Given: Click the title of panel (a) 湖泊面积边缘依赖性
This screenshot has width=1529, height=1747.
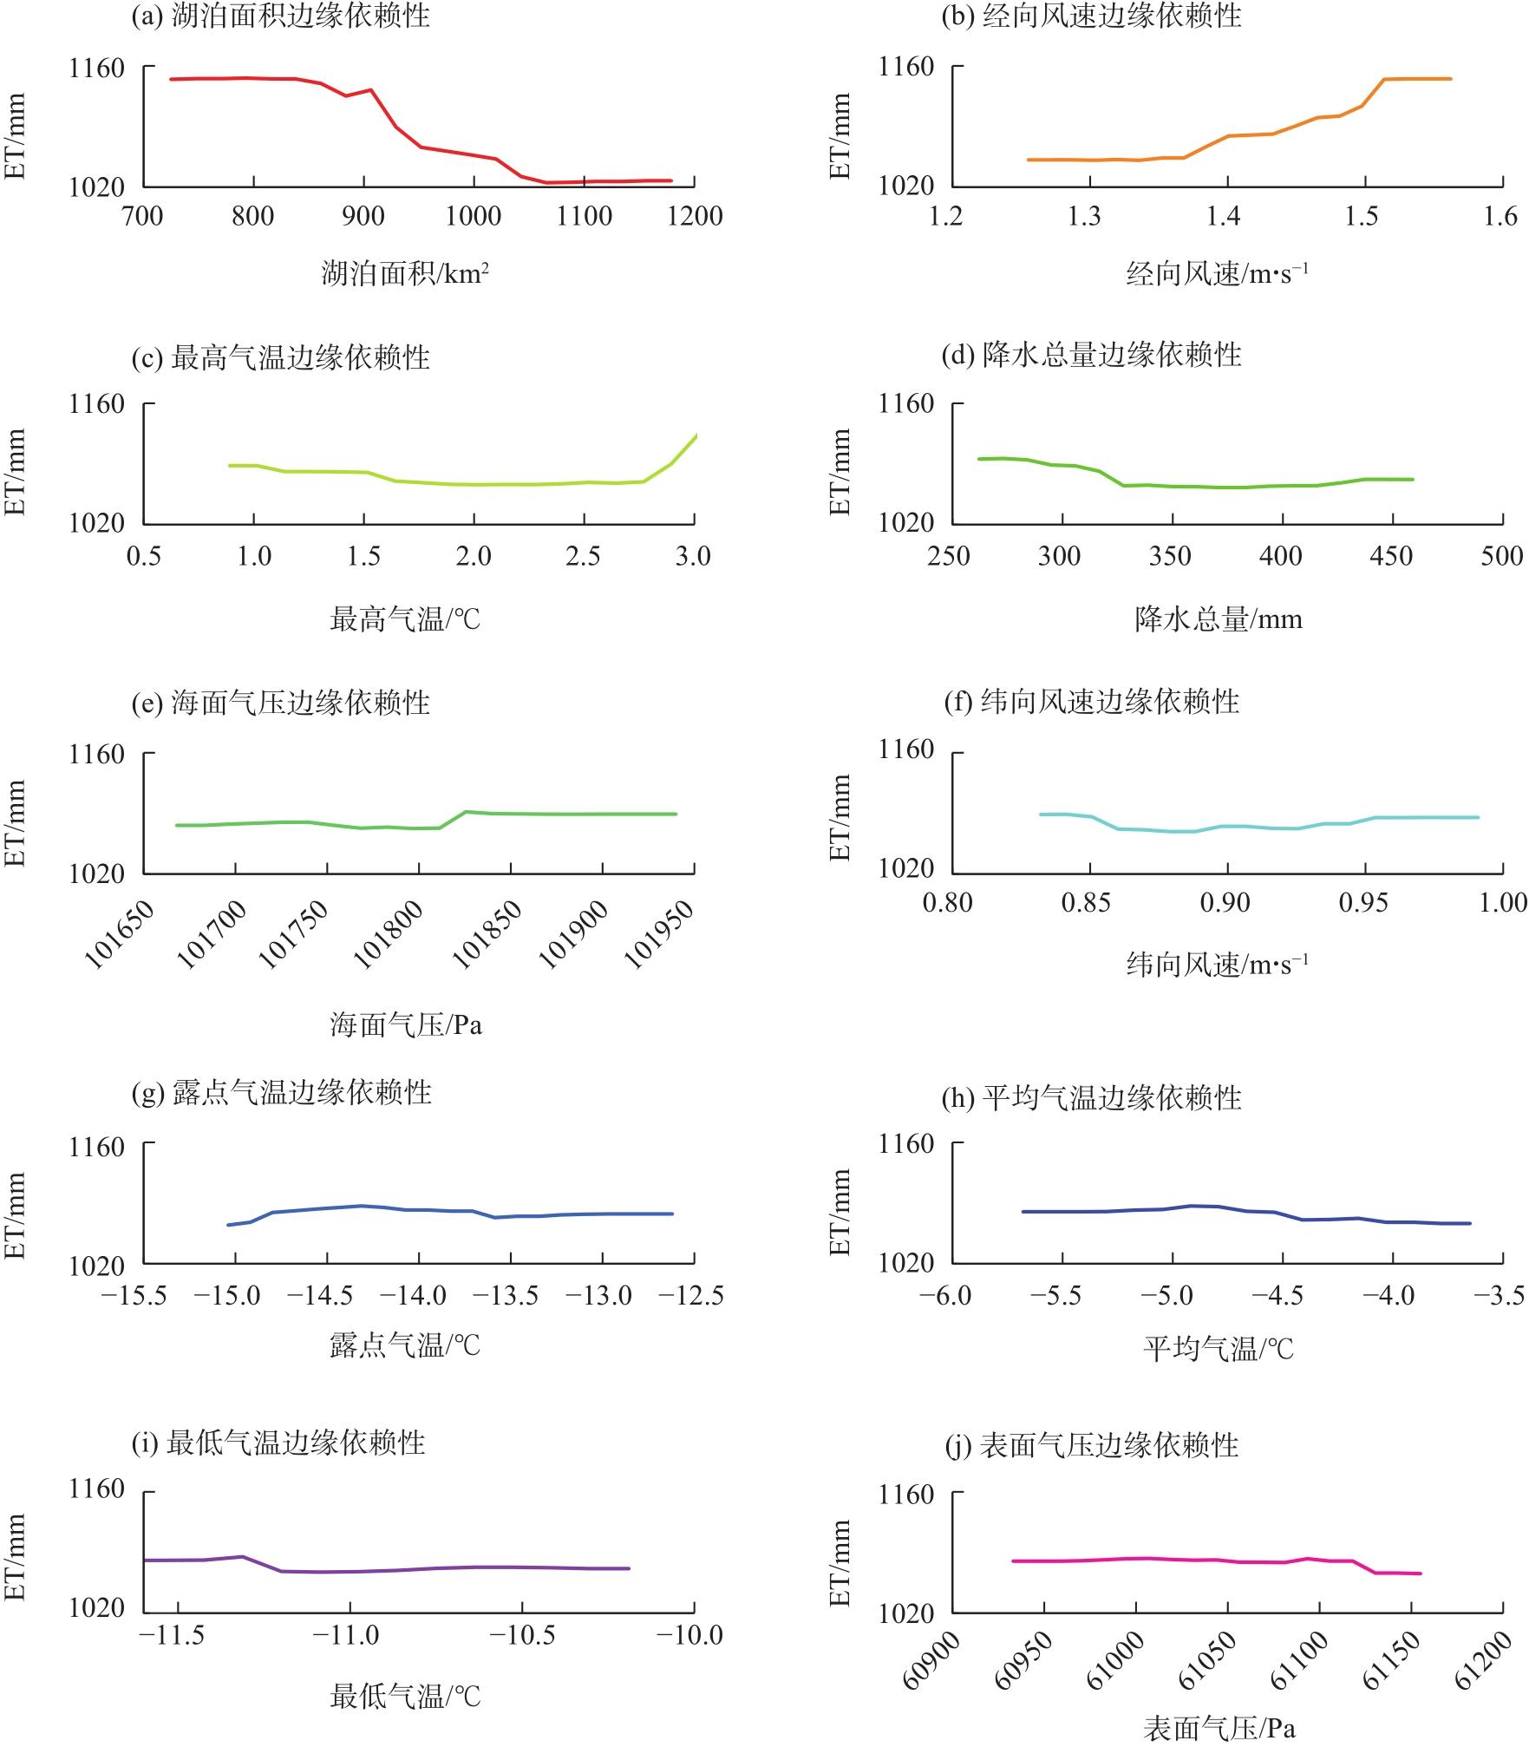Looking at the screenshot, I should coord(280,16).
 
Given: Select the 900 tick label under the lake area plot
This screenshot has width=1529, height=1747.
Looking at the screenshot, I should coord(363,216).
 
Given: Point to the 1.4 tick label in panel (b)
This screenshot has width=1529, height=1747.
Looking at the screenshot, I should coord(1223,216).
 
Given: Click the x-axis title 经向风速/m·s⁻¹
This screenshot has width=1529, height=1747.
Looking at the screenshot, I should coord(1216,274).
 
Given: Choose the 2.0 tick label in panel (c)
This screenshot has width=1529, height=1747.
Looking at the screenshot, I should coord(474,555).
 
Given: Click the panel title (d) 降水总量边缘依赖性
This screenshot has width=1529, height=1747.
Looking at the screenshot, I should coord(1091,355).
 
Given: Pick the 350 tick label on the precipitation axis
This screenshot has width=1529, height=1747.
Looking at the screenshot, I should coord(1170,555).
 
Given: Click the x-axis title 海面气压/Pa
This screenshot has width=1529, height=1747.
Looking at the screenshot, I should coord(405,1025).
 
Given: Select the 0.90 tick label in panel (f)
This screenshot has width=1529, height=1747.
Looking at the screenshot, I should coord(1225,903).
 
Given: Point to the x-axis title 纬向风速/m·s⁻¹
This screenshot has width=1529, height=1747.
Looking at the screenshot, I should coord(1216,965).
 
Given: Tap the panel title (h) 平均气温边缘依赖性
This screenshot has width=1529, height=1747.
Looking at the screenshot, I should coord(1091,1098).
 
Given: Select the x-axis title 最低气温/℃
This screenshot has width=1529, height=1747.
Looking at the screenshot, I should coord(404,1697).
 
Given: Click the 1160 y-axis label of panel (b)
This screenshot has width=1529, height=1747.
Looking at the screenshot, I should coord(906,67).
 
